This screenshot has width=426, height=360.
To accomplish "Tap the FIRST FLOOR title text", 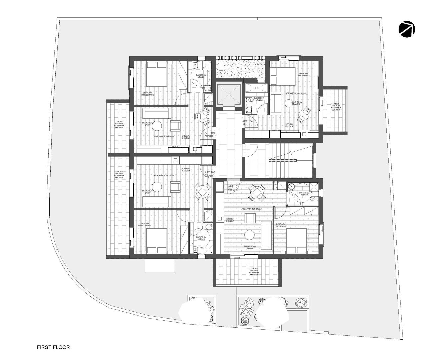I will pos(53,347).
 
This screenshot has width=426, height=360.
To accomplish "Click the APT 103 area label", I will pos(210,134).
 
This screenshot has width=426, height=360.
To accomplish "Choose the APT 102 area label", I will pos(210,174).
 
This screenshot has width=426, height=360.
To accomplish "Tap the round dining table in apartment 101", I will pos(257,193).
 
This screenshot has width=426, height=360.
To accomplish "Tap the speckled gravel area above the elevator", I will pos(240,67).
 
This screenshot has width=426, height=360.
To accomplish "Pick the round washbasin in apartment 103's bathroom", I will pos(208,88).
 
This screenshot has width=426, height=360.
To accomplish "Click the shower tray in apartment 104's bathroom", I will pos(256,89).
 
